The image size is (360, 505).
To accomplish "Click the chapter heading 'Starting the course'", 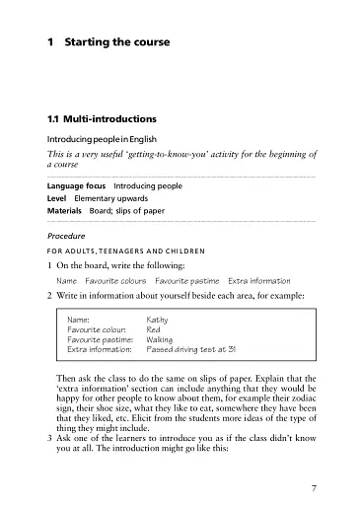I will click(x=116, y=43).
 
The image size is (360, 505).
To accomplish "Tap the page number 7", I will click(x=313, y=461).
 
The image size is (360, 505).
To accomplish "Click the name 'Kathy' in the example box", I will click(x=157, y=320).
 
